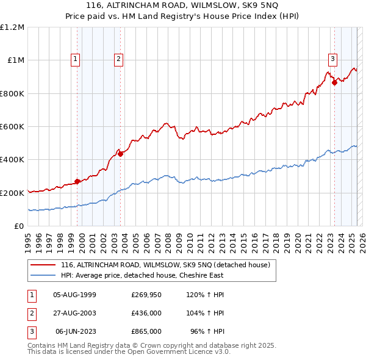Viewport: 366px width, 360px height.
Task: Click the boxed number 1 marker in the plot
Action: click(x=75, y=59)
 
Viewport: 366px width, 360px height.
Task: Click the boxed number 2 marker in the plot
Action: click(x=118, y=59)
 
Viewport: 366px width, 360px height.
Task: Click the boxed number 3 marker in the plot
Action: click(x=332, y=59)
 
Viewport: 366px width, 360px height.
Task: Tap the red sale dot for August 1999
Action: click(x=77, y=181)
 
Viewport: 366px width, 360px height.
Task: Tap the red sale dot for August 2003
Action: click(x=121, y=154)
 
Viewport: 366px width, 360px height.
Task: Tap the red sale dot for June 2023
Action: click(x=334, y=83)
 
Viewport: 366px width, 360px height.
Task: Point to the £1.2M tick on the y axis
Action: click(x=12, y=27)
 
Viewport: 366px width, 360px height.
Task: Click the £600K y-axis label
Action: click(x=12, y=127)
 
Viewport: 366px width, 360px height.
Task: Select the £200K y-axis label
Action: click(x=12, y=193)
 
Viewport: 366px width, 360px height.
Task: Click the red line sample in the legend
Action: click(x=43, y=265)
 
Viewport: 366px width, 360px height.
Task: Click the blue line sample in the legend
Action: click(x=43, y=275)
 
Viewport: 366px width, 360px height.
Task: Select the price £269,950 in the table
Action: click(x=146, y=295)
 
